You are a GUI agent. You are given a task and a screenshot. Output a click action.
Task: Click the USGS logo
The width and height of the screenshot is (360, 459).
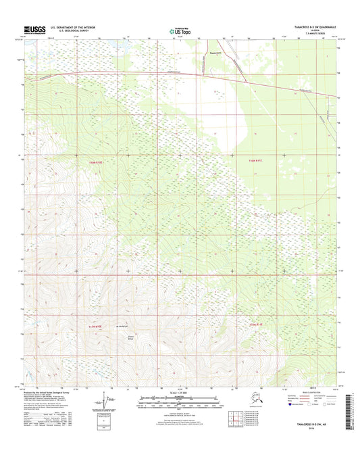tap(34, 29)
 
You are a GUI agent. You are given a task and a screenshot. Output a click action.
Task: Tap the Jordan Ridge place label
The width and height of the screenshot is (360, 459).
tap(123, 338)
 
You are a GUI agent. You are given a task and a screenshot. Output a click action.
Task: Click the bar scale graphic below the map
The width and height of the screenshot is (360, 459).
tap(179, 404)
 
